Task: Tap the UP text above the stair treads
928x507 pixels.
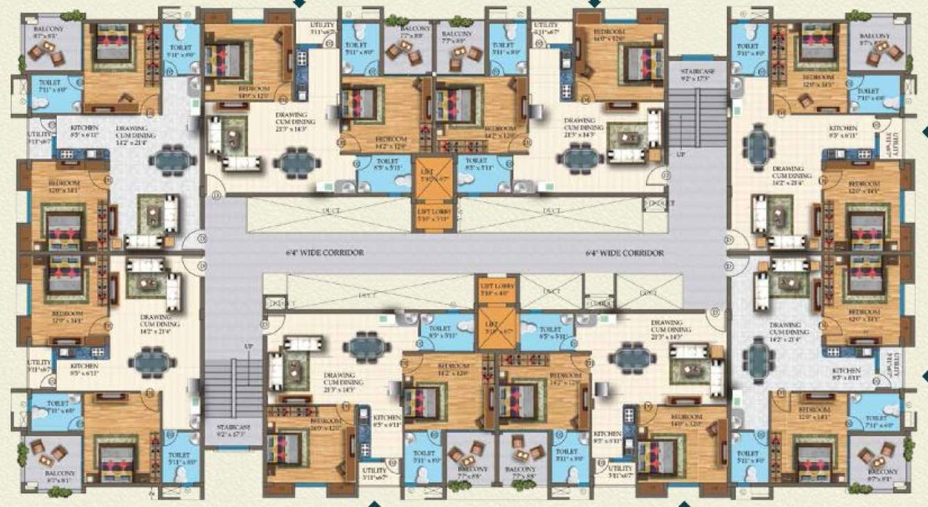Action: pos(248,346)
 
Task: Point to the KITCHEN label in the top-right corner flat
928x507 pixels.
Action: pos(843,129)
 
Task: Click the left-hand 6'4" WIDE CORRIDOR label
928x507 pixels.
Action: pos(324,253)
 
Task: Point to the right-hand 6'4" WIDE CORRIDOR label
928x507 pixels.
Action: pos(624,253)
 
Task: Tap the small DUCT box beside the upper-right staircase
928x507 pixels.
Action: pos(656,203)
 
